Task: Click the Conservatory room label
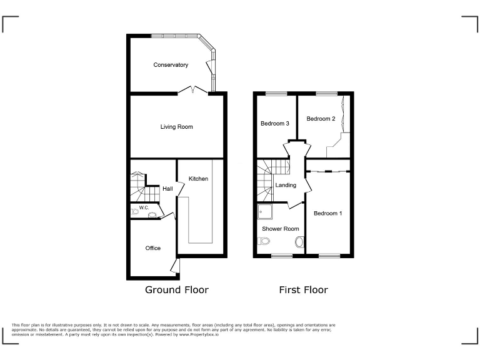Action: pos(171,65)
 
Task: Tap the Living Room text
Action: pos(176,127)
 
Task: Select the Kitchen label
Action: pos(199,179)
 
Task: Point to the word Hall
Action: pos(167,189)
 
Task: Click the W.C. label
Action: pos(143,207)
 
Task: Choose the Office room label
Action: pos(153,248)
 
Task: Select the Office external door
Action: pos(176,267)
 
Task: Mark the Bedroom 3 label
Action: pos(274,124)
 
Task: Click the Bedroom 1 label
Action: pos(328,214)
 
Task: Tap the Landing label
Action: pos(286,185)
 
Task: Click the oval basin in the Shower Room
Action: pos(299,242)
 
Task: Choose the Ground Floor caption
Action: pos(177,290)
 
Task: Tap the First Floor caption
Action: pos(303,290)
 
